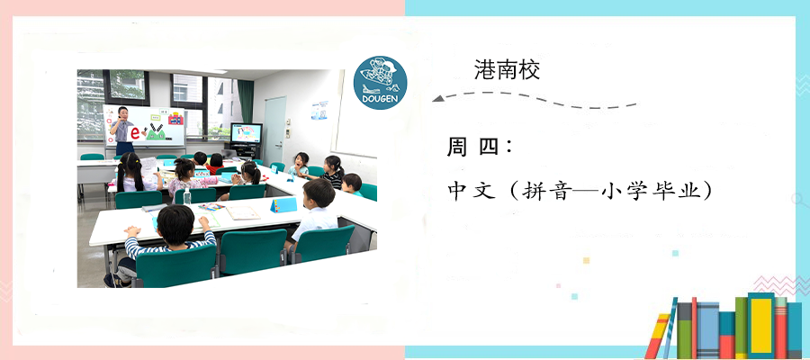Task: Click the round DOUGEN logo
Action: [x=380, y=83]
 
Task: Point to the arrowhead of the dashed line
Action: [x=438, y=98]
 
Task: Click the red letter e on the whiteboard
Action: [x=135, y=132]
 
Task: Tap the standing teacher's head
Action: [x=121, y=112]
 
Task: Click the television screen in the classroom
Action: [x=246, y=133]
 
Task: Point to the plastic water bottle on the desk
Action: [x=187, y=196]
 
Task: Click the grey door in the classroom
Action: [x=275, y=131]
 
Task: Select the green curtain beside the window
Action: [x=246, y=101]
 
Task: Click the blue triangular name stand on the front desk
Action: [x=283, y=205]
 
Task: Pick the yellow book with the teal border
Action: [x=760, y=326]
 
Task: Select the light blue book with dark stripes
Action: [x=707, y=330]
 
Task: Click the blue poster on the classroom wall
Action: [x=319, y=110]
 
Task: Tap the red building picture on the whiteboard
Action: [x=176, y=119]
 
